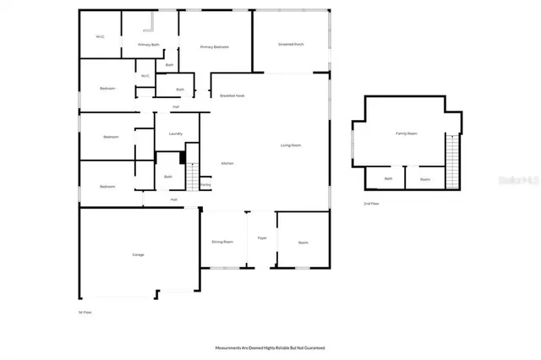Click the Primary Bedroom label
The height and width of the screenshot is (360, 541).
pos(215,47)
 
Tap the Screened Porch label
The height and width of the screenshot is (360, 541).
pos(291,44)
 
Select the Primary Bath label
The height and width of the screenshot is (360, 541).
pos(150,44)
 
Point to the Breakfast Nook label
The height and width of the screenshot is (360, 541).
pos(232,96)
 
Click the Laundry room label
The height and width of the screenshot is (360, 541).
pos(176,134)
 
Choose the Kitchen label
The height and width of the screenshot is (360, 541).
pos(227,163)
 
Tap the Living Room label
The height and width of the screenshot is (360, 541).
pos(292,145)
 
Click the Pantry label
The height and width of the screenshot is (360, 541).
pos(205,184)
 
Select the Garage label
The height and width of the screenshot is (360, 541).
pos(138,254)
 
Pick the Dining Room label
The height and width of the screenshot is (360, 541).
pos(222,243)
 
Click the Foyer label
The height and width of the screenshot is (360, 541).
pos(262,238)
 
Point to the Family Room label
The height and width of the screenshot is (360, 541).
pos(407,134)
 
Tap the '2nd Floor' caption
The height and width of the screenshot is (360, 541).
pos(370,204)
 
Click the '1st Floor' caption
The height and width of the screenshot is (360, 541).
pos(85,312)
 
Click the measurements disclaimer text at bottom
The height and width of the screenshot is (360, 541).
pos(270,347)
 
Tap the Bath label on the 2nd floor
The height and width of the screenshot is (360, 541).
pos(389,179)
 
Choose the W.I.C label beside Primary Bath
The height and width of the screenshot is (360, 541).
pos(100,36)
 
